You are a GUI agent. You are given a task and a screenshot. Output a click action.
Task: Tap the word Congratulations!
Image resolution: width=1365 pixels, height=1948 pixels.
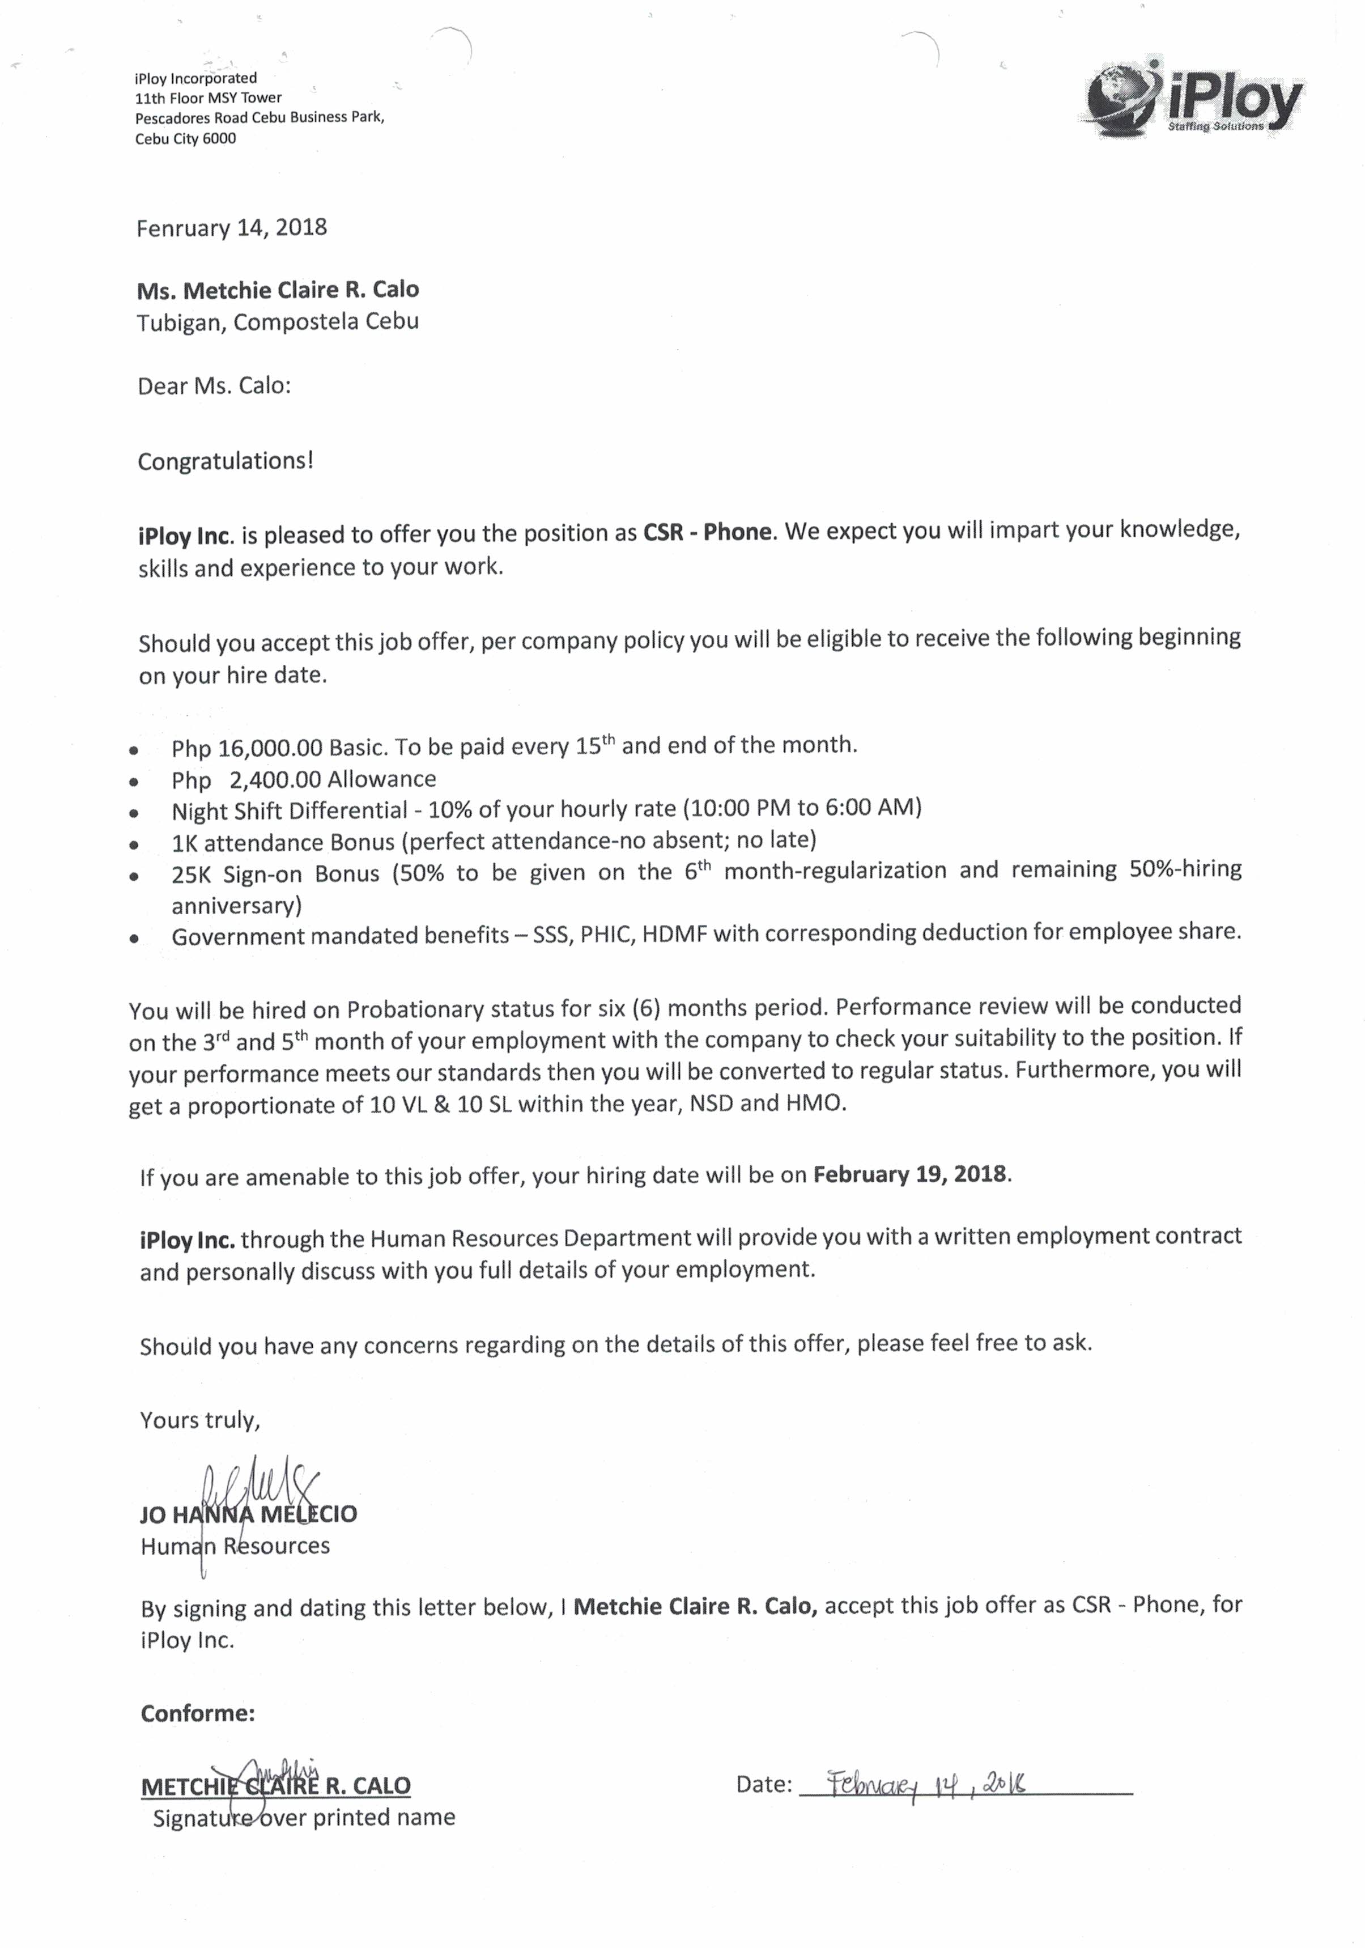(226, 461)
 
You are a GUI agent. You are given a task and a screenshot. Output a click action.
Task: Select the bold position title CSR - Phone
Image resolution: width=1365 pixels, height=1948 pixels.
(708, 533)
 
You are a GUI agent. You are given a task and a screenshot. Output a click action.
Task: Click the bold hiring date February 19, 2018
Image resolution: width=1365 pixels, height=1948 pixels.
(909, 1174)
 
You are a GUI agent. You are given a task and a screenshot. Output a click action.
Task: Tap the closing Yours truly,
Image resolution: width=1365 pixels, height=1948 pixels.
(200, 1420)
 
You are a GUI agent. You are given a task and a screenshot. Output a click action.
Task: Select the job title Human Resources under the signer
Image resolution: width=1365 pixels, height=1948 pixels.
(235, 1546)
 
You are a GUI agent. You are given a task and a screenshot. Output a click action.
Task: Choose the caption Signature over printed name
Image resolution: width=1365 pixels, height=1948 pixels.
(304, 1817)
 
